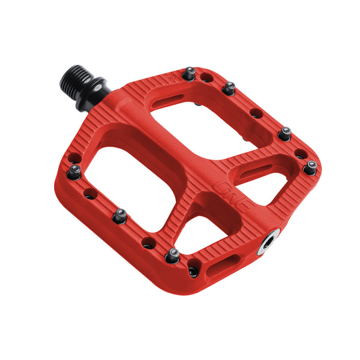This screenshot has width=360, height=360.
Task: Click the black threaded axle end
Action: click(74, 79)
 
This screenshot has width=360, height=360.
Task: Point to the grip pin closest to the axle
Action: click(190, 73)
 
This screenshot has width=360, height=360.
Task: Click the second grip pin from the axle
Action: click(229, 89)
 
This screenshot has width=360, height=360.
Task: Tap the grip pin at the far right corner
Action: click(310, 168)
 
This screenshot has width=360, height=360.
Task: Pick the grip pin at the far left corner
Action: click(74, 172)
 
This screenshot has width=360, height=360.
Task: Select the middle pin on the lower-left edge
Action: click(119, 215)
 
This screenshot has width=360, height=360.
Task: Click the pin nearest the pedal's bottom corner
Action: click(173, 256)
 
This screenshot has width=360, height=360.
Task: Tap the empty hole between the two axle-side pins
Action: click(207, 77)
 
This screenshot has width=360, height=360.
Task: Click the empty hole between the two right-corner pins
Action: click(299, 154)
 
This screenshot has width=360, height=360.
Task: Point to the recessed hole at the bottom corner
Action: click(193, 271)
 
